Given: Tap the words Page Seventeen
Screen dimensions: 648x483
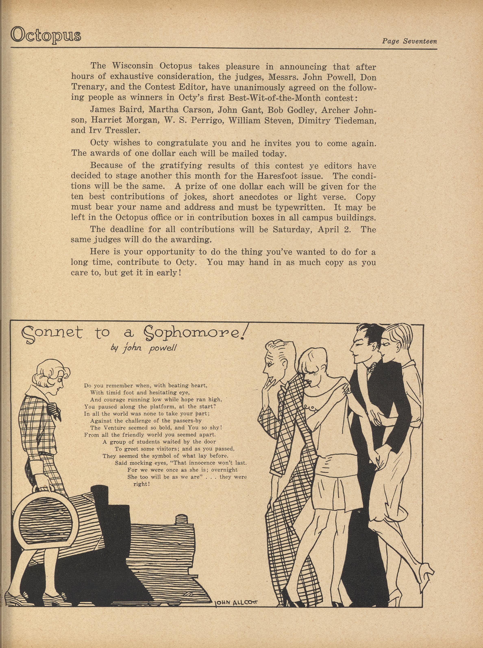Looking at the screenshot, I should click(x=409, y=41).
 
